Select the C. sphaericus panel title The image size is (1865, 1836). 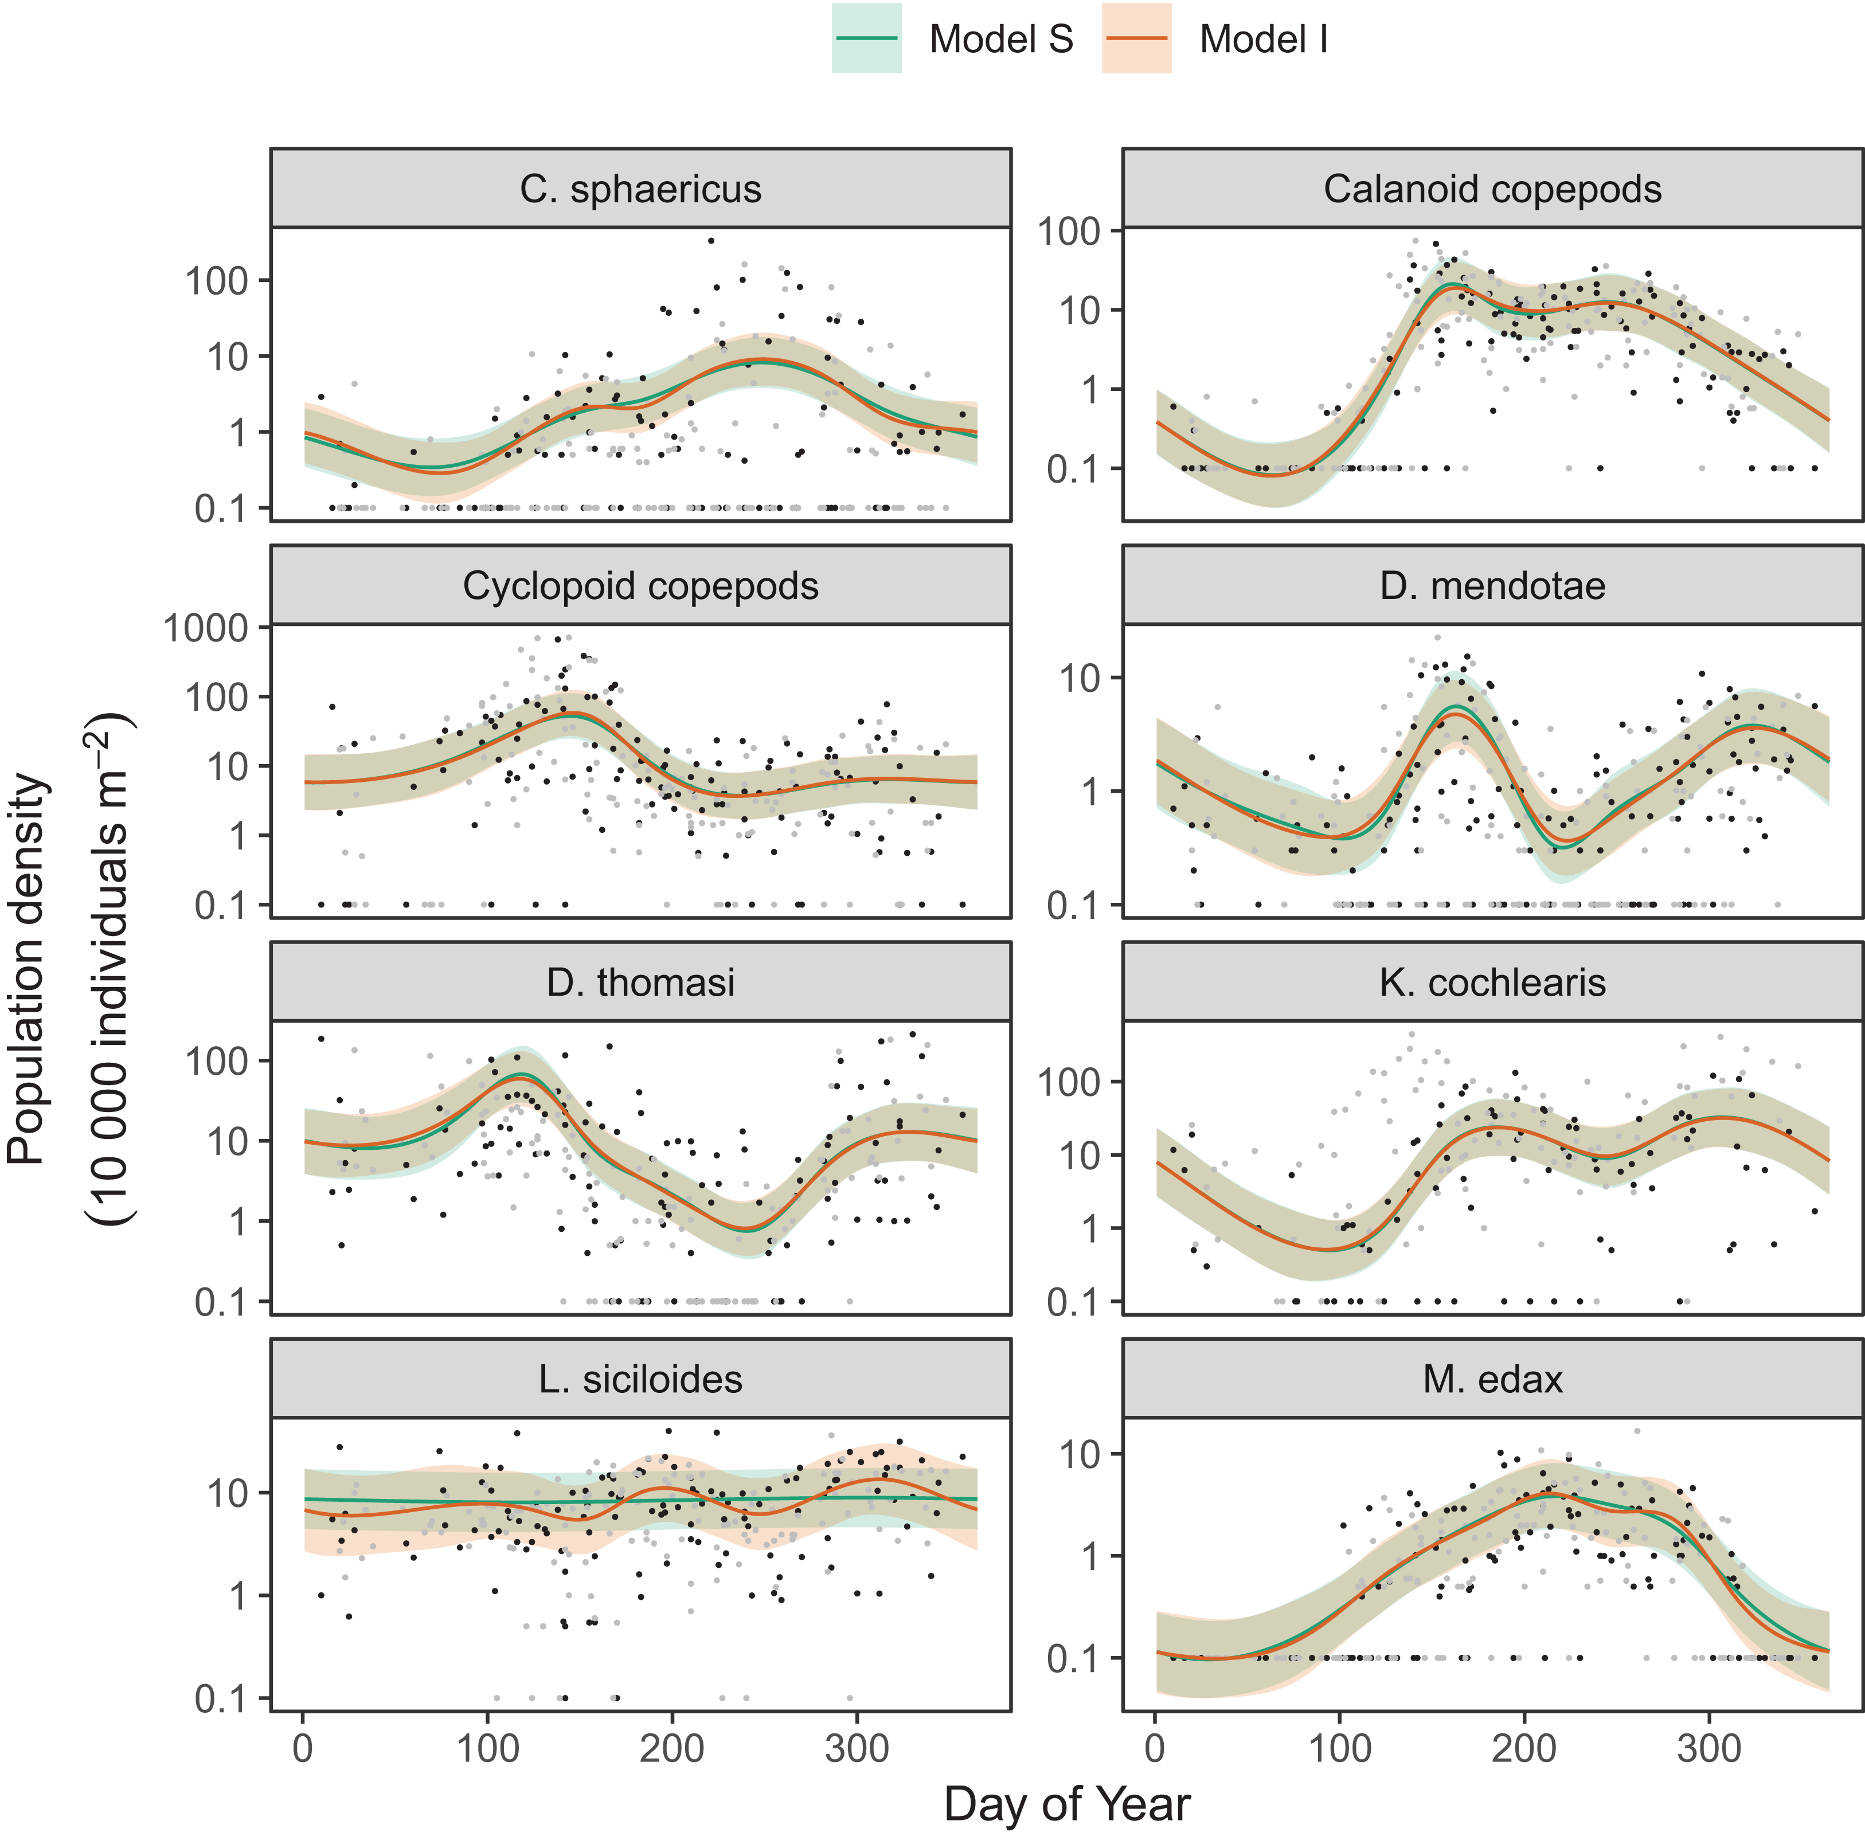pyautogui.click(x=640, y=189)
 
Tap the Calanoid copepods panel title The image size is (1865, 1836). pyautogui.click(x=1492, y=189)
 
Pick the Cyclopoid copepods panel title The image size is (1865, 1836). pyautogui.click(x=640, y=586)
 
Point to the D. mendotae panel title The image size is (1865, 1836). pyautogui.click(x=1492, y=586)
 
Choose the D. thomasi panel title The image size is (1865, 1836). pyautogui.click(x=640, y=982)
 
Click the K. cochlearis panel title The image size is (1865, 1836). pyautogui.click(x=1492, y=982)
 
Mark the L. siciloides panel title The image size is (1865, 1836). pyautogui.click(x=640, y=1379)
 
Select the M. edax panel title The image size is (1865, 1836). pyautogui.click(x=1492, y=1379)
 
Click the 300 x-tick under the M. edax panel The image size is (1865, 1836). pyautogui.click(x=1709, y=1748)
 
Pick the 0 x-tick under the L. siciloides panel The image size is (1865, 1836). pyautogui.click(x=303, y=1748)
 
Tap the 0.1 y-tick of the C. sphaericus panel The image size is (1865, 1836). pyautogui.click(x=221, y=509)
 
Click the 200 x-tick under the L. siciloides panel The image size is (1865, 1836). pyautogui.click(x=671, y=1748)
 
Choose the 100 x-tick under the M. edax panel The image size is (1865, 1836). pyautogui.click(x=1339, y=1748)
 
